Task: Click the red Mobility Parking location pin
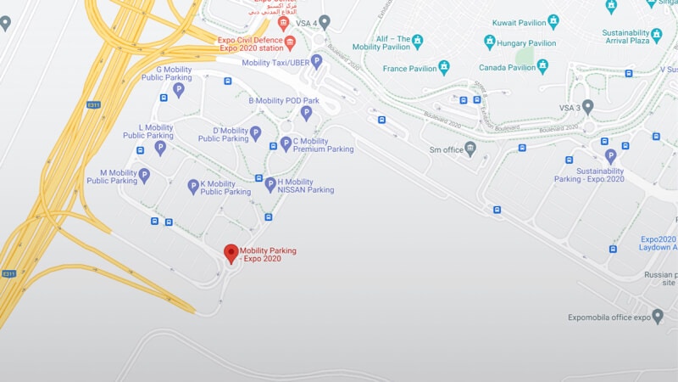point(231,253)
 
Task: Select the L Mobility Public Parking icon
point(160,147)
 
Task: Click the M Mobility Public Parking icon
point(144,176)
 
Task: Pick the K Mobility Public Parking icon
point(193,185)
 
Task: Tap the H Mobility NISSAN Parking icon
point(270,184)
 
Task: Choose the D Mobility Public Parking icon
point(255,132)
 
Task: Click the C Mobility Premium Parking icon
point(286,143)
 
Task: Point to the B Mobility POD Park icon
point(307,112)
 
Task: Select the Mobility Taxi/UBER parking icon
point(316,61)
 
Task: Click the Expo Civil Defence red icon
point(290,42)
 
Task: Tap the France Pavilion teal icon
point(443,67)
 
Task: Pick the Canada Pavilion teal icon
point(542,66)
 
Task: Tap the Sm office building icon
point(470,149)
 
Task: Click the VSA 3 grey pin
point(587,107)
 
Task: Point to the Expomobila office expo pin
point(658,316)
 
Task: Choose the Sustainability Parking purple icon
point(610,156)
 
